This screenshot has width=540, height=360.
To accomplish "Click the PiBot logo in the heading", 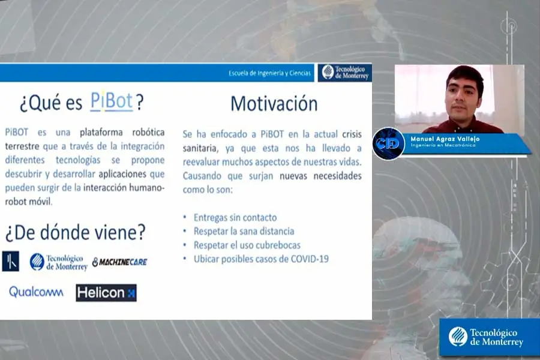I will point(112,101).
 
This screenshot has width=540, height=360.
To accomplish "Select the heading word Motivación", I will point(274,103).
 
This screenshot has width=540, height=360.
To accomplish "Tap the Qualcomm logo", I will point(36,292).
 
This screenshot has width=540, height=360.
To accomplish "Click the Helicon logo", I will point(106,293).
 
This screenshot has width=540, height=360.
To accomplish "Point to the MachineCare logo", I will point(119,262).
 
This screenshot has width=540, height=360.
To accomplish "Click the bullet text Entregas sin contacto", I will point(235,217).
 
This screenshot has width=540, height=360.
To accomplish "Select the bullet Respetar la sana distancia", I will point(244,231).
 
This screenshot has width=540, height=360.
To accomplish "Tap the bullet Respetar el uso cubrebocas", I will point(247,245).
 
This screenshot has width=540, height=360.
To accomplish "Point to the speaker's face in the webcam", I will point(464,94).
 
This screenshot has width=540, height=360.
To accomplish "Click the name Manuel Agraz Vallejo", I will point(445,139).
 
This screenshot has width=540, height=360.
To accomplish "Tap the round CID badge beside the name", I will point(388,143).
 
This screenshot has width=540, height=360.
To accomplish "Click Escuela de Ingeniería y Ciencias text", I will point(270,73).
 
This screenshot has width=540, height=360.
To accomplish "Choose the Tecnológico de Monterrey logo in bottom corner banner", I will point(487,337).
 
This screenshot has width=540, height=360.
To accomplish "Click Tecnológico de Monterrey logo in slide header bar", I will point(344,72).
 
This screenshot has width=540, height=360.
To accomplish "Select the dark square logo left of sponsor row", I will point(11,261).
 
